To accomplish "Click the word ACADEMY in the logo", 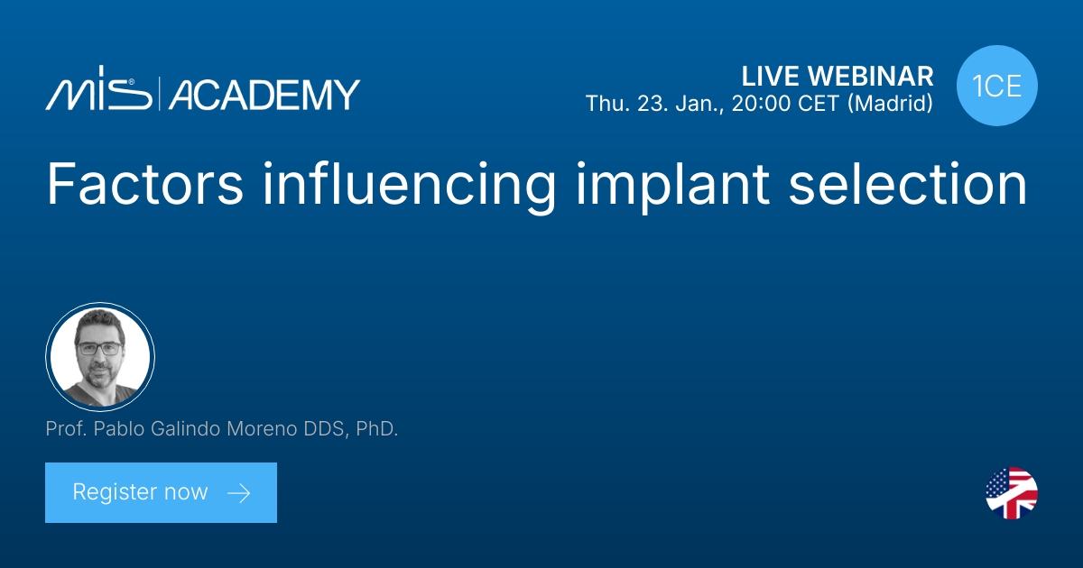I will coord(264,94).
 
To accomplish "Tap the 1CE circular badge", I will coord(997,87).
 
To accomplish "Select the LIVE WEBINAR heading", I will coord(837,76).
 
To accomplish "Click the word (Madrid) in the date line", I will coord(892,104).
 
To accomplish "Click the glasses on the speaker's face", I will coord(99,348).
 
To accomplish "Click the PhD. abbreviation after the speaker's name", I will coord(375,430).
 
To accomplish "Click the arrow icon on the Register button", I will coord(238,492).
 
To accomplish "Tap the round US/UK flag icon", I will coord(1012,493).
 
